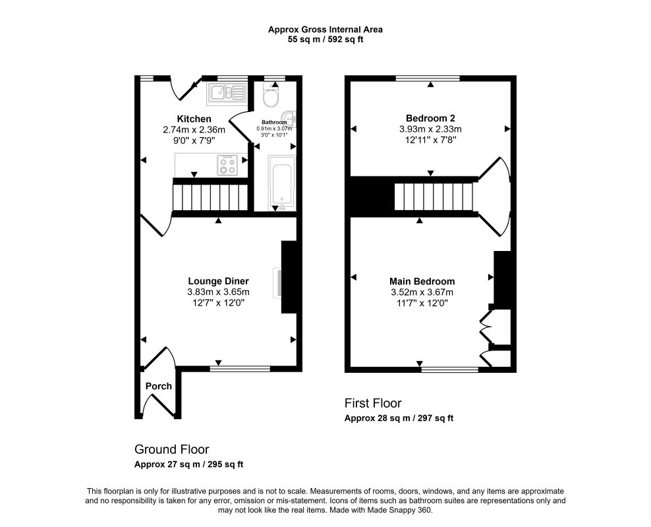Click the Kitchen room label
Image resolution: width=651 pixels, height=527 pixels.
tap(194, 119)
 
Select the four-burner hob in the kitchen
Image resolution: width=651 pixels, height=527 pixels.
tap(227, 165)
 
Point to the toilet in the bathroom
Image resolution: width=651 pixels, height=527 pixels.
tap(271, 96)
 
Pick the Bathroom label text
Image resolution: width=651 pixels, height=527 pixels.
tap(274, 123)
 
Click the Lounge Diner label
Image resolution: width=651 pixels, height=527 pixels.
tap(218, 281)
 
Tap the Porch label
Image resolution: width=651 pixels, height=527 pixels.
tap(159, 386)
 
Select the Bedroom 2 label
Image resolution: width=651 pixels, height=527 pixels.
tap(430, 119)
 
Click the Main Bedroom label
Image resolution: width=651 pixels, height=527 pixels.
tap(422, 282)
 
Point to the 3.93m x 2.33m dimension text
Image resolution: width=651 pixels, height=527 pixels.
tap(430, 129)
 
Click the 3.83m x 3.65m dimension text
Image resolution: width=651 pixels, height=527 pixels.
tap(218, 292)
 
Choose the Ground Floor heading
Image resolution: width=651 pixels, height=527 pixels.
tap(171, 449)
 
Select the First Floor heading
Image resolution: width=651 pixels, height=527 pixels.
tap(373, 403)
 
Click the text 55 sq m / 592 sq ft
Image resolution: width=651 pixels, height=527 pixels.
tap(325, 40)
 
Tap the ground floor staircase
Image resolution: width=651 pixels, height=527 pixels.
tap(210, 198)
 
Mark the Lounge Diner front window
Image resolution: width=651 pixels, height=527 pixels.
tap(240, 368)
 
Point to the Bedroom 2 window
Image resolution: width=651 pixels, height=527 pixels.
tap(428, 78)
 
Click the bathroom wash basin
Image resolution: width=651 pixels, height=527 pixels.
tap(289, 119)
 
